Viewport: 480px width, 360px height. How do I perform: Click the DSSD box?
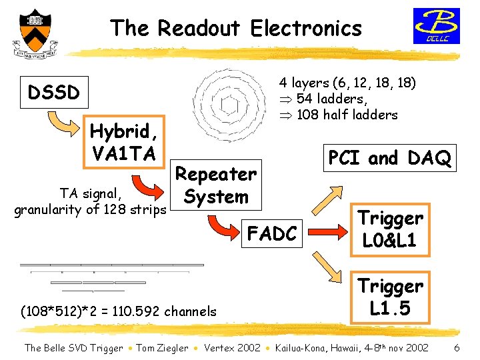coord(54,92)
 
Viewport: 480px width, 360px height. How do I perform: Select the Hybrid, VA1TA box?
coord(124,142)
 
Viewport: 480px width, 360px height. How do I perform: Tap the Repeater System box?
coord(216,185)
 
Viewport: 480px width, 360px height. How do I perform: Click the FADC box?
coord(272,233)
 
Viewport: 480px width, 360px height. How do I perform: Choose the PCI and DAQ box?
coord(390,158)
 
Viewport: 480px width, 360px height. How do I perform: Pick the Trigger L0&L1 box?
coord(390,229)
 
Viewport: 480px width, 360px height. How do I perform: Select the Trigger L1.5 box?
coord(390,297)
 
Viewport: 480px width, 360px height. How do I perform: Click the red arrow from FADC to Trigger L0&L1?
coord(328,232)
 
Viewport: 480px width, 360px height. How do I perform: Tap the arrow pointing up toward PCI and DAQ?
coord(327,201)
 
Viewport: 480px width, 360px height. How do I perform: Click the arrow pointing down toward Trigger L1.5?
coord(327,267)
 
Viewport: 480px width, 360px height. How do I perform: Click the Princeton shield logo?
coord(35,34)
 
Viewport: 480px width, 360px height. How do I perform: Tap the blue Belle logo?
coord(437,26)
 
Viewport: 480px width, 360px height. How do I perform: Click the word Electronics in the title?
coord(306,28)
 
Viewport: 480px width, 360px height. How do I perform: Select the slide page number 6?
coord(457,348)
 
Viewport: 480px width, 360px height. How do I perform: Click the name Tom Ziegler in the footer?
coord(162,348)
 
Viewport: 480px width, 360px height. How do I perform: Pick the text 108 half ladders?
coord(347,115)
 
